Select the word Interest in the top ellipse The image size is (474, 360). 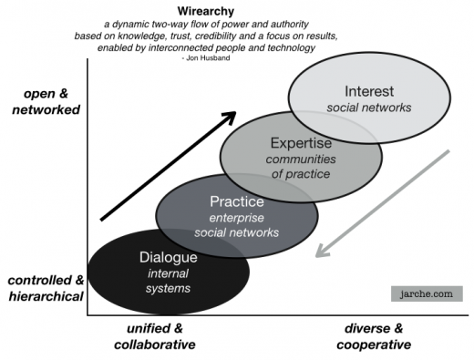coord(370,90)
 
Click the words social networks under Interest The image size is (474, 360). coord(370,108)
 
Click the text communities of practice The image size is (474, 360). coord(302,166)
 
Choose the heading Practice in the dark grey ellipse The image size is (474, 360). coord(236,201)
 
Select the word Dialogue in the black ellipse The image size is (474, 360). coord(168,257)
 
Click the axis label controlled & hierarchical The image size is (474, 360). coord(42,287)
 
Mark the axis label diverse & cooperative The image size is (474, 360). coord(374,336)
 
